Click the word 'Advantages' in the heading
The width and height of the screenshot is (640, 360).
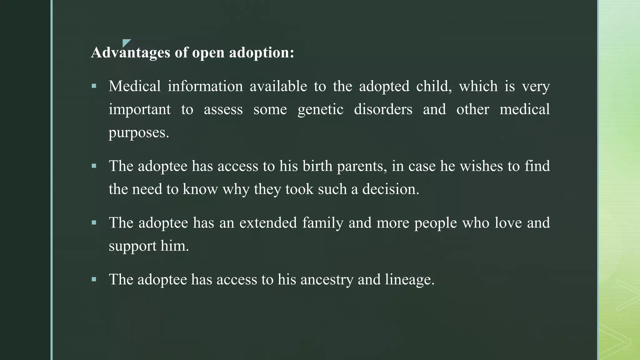(x=130, y=52)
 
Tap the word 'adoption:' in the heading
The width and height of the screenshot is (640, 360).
(x=262, y=52)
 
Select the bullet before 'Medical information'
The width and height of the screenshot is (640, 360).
(x=94, y=86)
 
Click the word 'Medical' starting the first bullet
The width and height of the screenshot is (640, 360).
(x=134, y=86)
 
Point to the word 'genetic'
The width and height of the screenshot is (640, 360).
(x=320, y=110)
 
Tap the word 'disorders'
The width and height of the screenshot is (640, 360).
(x=383, y=109)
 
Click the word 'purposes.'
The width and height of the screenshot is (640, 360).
(x=139, y=133)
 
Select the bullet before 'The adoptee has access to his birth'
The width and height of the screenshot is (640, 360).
(x=94, y=166)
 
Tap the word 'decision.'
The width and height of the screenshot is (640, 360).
(x=391, y=189)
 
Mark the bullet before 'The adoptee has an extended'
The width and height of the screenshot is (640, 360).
(x=94, y=222)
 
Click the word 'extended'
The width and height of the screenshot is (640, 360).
(x=268, y=223)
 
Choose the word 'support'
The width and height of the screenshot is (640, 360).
(x=132, y=246)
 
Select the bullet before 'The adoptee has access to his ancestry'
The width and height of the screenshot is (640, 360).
(x=94, y=279)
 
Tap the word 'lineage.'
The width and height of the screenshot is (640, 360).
(x=410, y=280)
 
